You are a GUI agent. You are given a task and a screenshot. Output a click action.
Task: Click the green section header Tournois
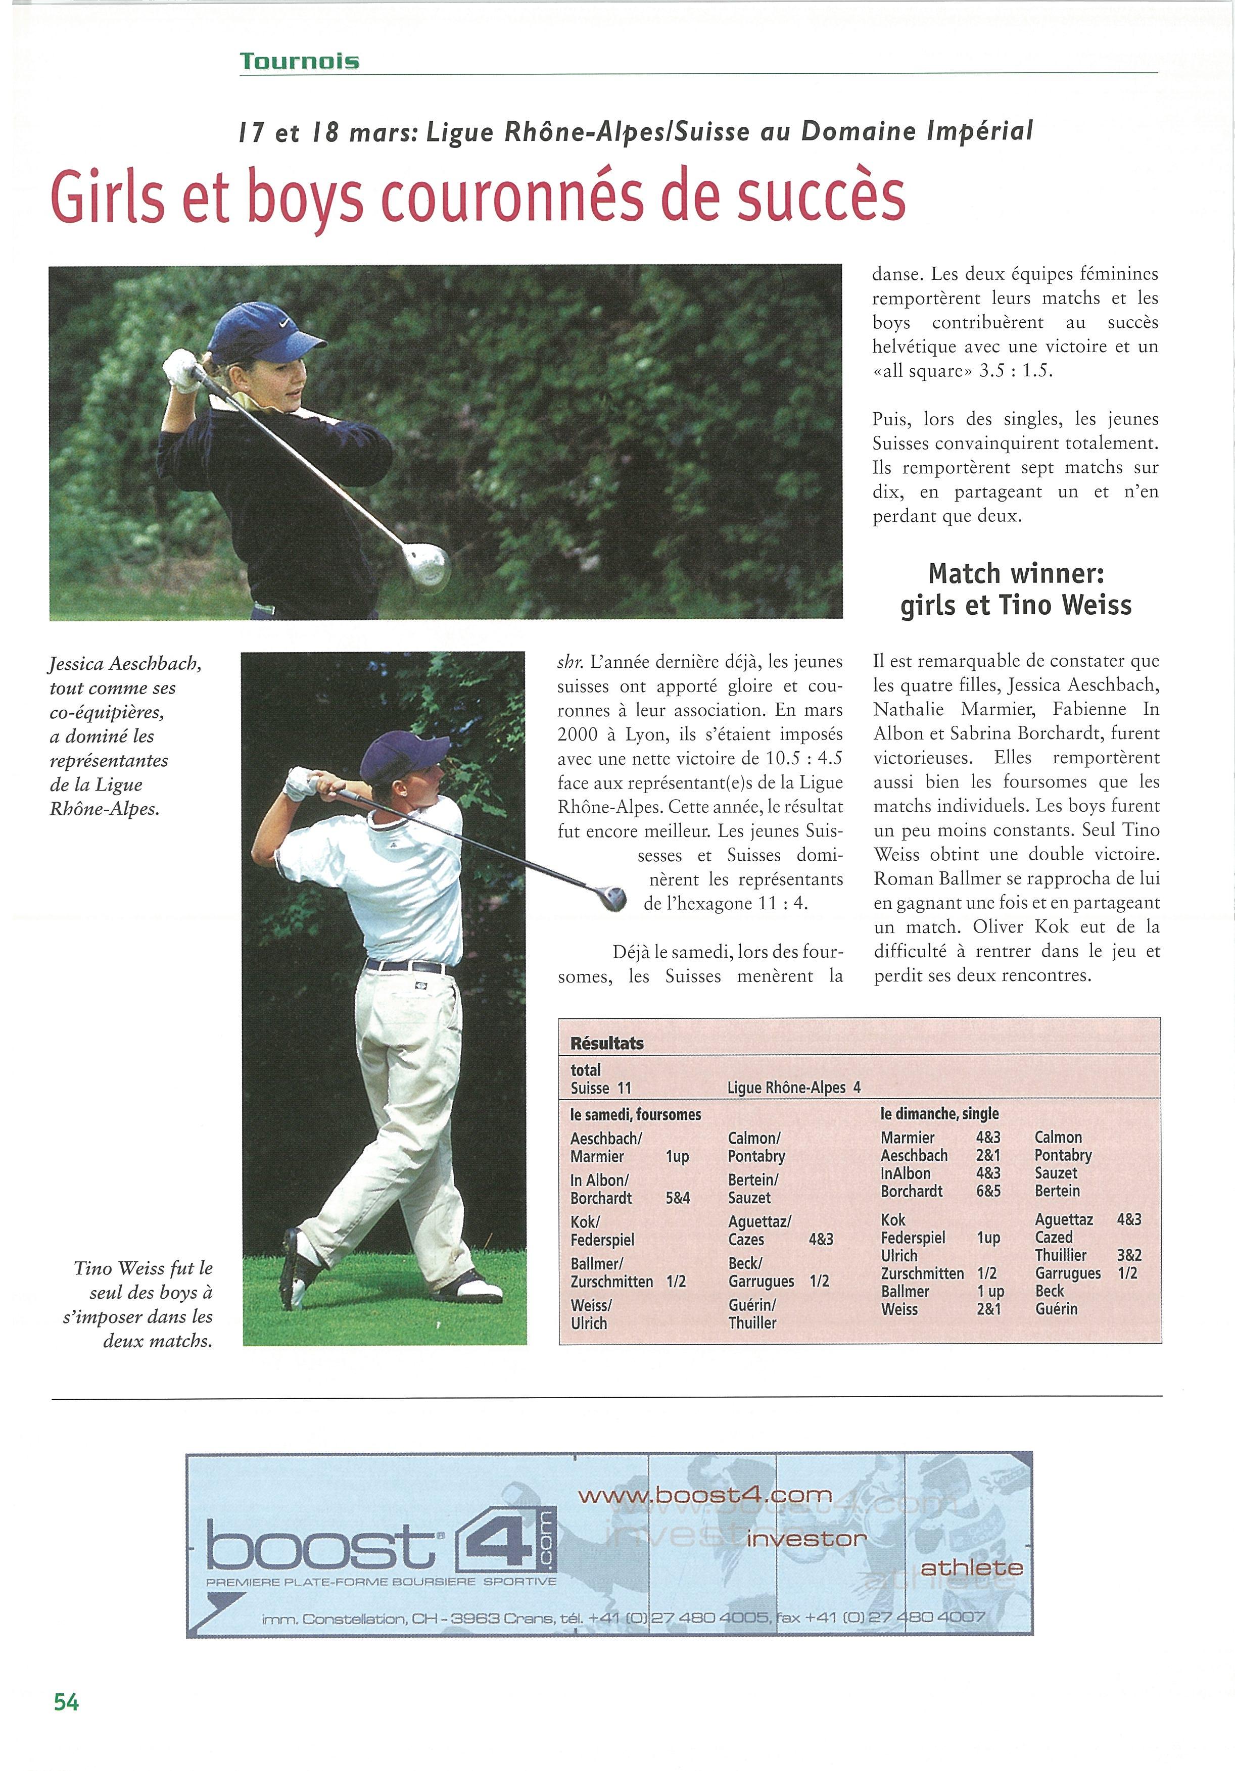pyautogui.click(x=299, y=61)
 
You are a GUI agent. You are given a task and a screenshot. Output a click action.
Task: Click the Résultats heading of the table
pyautogui.click(x=606, y=1043)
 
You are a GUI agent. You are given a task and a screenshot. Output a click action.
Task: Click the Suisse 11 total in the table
pyautogui.click(x=601, y=1088)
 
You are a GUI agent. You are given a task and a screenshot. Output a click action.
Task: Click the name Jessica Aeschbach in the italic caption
pyautogui.click(x=125, y=663)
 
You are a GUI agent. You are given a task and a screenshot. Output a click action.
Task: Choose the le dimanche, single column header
pyautogui.click(x=939, y=1114)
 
